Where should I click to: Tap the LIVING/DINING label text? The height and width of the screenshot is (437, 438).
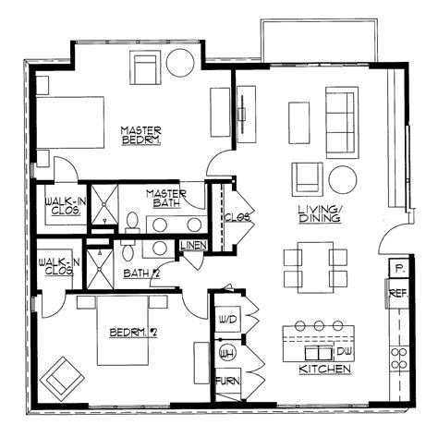tap(319, 214)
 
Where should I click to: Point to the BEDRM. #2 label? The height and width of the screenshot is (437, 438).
tap(129, 333)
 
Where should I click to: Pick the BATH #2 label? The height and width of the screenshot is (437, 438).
tap(142, 273)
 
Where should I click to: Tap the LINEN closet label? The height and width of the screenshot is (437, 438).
tap(193, 245)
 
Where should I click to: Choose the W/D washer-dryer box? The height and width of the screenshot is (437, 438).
tap(227, 319)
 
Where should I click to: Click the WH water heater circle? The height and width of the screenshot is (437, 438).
tap(225, 351)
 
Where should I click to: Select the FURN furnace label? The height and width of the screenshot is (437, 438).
tap(226, 381)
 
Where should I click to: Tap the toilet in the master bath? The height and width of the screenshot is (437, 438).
tap(131, 222)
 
